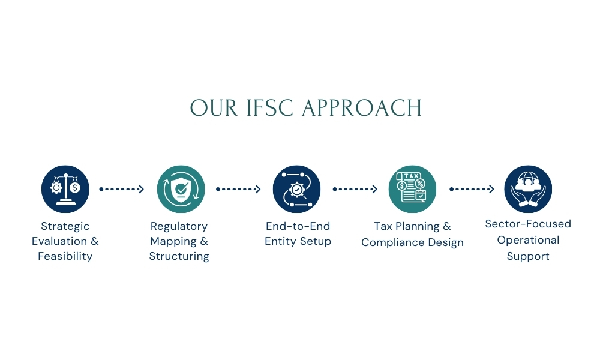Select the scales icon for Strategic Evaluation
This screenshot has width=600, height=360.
coord(65,189)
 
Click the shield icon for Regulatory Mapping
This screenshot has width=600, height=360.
coord(181,189)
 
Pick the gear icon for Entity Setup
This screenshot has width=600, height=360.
coord(297,189)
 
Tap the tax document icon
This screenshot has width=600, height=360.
coord(412,189)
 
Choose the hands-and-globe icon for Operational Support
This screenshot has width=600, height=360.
coord(528,189)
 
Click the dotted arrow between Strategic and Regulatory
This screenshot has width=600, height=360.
coord(122,189)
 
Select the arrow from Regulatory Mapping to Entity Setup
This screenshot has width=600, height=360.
coord(238,189)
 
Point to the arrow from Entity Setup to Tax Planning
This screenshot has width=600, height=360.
coord(355,189)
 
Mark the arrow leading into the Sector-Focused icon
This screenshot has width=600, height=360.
coord(472,189)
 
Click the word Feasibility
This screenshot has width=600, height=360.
coord(65,256)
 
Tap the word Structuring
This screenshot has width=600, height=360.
coord(179,256)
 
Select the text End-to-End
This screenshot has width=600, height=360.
coord(298,226)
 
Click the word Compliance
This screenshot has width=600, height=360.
coord(391,242)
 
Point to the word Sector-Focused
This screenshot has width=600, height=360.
coord(528,224)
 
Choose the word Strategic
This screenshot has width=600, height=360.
coord(65,226)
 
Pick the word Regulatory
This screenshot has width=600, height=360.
coord(179,226)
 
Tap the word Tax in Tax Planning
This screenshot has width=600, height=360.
coord(383,226)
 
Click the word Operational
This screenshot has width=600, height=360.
coord(528,240)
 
